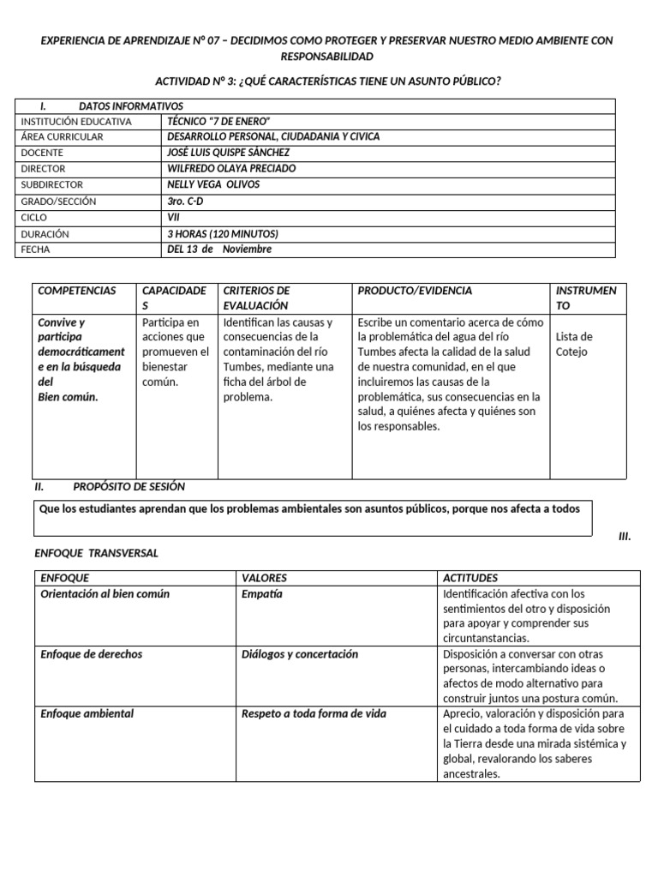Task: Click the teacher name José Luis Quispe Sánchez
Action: coord(229,153)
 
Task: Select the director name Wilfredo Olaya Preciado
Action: coord(231,169)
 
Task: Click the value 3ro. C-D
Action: coord(186,201)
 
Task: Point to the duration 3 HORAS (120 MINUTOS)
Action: coord(223,234)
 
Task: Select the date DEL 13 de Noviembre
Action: coord(219,250)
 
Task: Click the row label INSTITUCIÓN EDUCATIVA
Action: coord(76,121)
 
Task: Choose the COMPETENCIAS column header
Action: coord(76,292)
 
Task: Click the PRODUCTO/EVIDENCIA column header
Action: coord(416,292)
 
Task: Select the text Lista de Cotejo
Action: coord(574,344)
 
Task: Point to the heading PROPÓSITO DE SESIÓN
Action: coord(129,486)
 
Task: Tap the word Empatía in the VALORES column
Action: coord(262,594)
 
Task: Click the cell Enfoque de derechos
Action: coord(92,654)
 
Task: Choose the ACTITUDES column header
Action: coord(470,578)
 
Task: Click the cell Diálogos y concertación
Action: coord(300,654)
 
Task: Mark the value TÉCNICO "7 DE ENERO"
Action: coord(224,121)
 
